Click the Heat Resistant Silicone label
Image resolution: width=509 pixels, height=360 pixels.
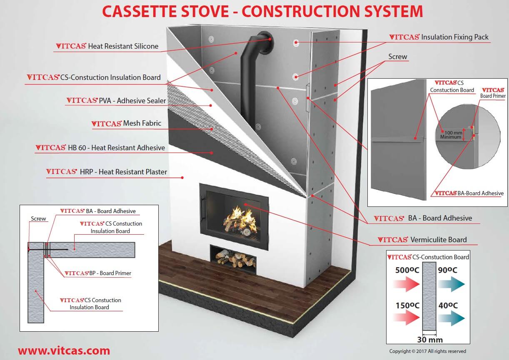coord(107,46)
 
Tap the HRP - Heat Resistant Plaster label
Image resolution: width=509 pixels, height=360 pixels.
coord(106,172)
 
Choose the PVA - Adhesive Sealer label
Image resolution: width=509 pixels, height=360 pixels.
coord(116,101)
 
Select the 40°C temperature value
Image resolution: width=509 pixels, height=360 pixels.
coord(448,305)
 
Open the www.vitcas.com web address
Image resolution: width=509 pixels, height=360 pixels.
coord(64,350)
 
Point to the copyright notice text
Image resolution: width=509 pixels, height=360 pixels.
coord(427,351)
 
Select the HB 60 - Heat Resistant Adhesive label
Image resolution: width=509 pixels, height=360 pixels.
coord(100,148)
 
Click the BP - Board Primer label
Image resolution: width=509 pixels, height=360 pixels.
coord(98,273)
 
